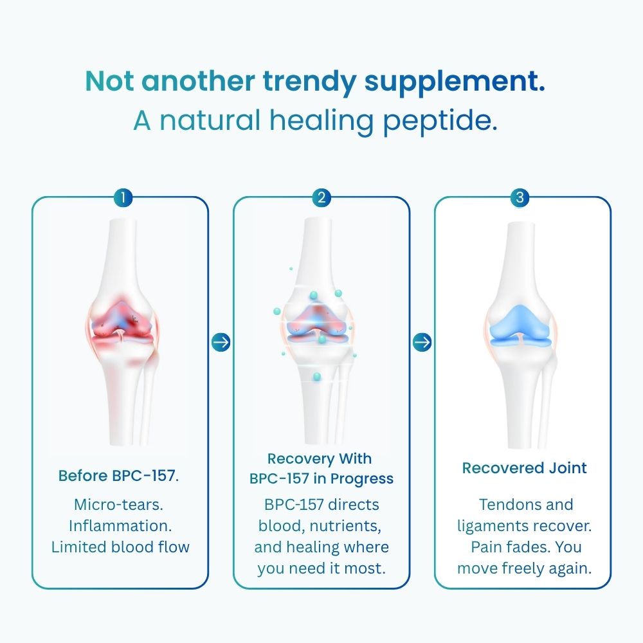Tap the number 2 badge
[x=321, y=197]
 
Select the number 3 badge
[x=521, y=197]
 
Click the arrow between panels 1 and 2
[x=221, y=342]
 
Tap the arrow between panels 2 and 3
[x=422, y=342]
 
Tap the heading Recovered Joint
[x=524, y=468]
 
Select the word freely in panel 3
[x=523, y=568]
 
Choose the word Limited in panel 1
[x=77, y=547]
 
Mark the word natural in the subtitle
[x=205, y=120]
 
